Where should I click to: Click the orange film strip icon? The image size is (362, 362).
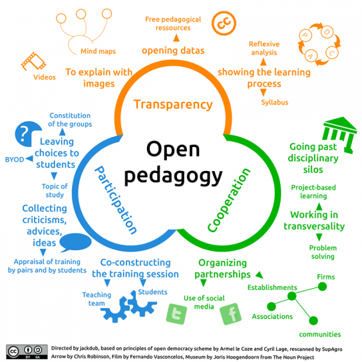click(x=34, y=61)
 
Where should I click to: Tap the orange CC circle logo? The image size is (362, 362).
click(x=224, y=23)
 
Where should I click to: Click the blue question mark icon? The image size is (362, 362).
click(x=28, y=134)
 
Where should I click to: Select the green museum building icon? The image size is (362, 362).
click(x=339, y=134)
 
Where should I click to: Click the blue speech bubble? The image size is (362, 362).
click(x=75, y=242)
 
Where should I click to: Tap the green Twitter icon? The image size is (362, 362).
click(x=176, y=314)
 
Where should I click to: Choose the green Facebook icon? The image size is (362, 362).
click(x=231, y=314)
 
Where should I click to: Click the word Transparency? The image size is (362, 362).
click(x=173, y=104)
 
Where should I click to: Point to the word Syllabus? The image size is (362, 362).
click(x=275, y=102)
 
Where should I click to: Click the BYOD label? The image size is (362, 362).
click(x=15, y=160)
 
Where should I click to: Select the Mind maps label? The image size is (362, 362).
click(x=98, y=51)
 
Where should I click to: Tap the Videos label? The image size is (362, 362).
click(x=45, y=77)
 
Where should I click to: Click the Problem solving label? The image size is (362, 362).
click(x=323, y=252)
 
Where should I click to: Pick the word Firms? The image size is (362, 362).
click(x=326, y=277)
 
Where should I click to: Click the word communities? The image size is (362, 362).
click(x=320, y=334)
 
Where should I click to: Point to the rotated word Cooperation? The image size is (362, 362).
click(x=228, y=200)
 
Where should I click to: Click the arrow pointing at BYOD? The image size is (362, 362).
click(x=29, y=158)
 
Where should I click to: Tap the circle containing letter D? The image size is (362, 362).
click(x=327, y=32)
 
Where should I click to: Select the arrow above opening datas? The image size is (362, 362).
click(x=176, y=38)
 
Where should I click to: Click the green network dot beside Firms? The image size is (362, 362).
click(x=322, y=287)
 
